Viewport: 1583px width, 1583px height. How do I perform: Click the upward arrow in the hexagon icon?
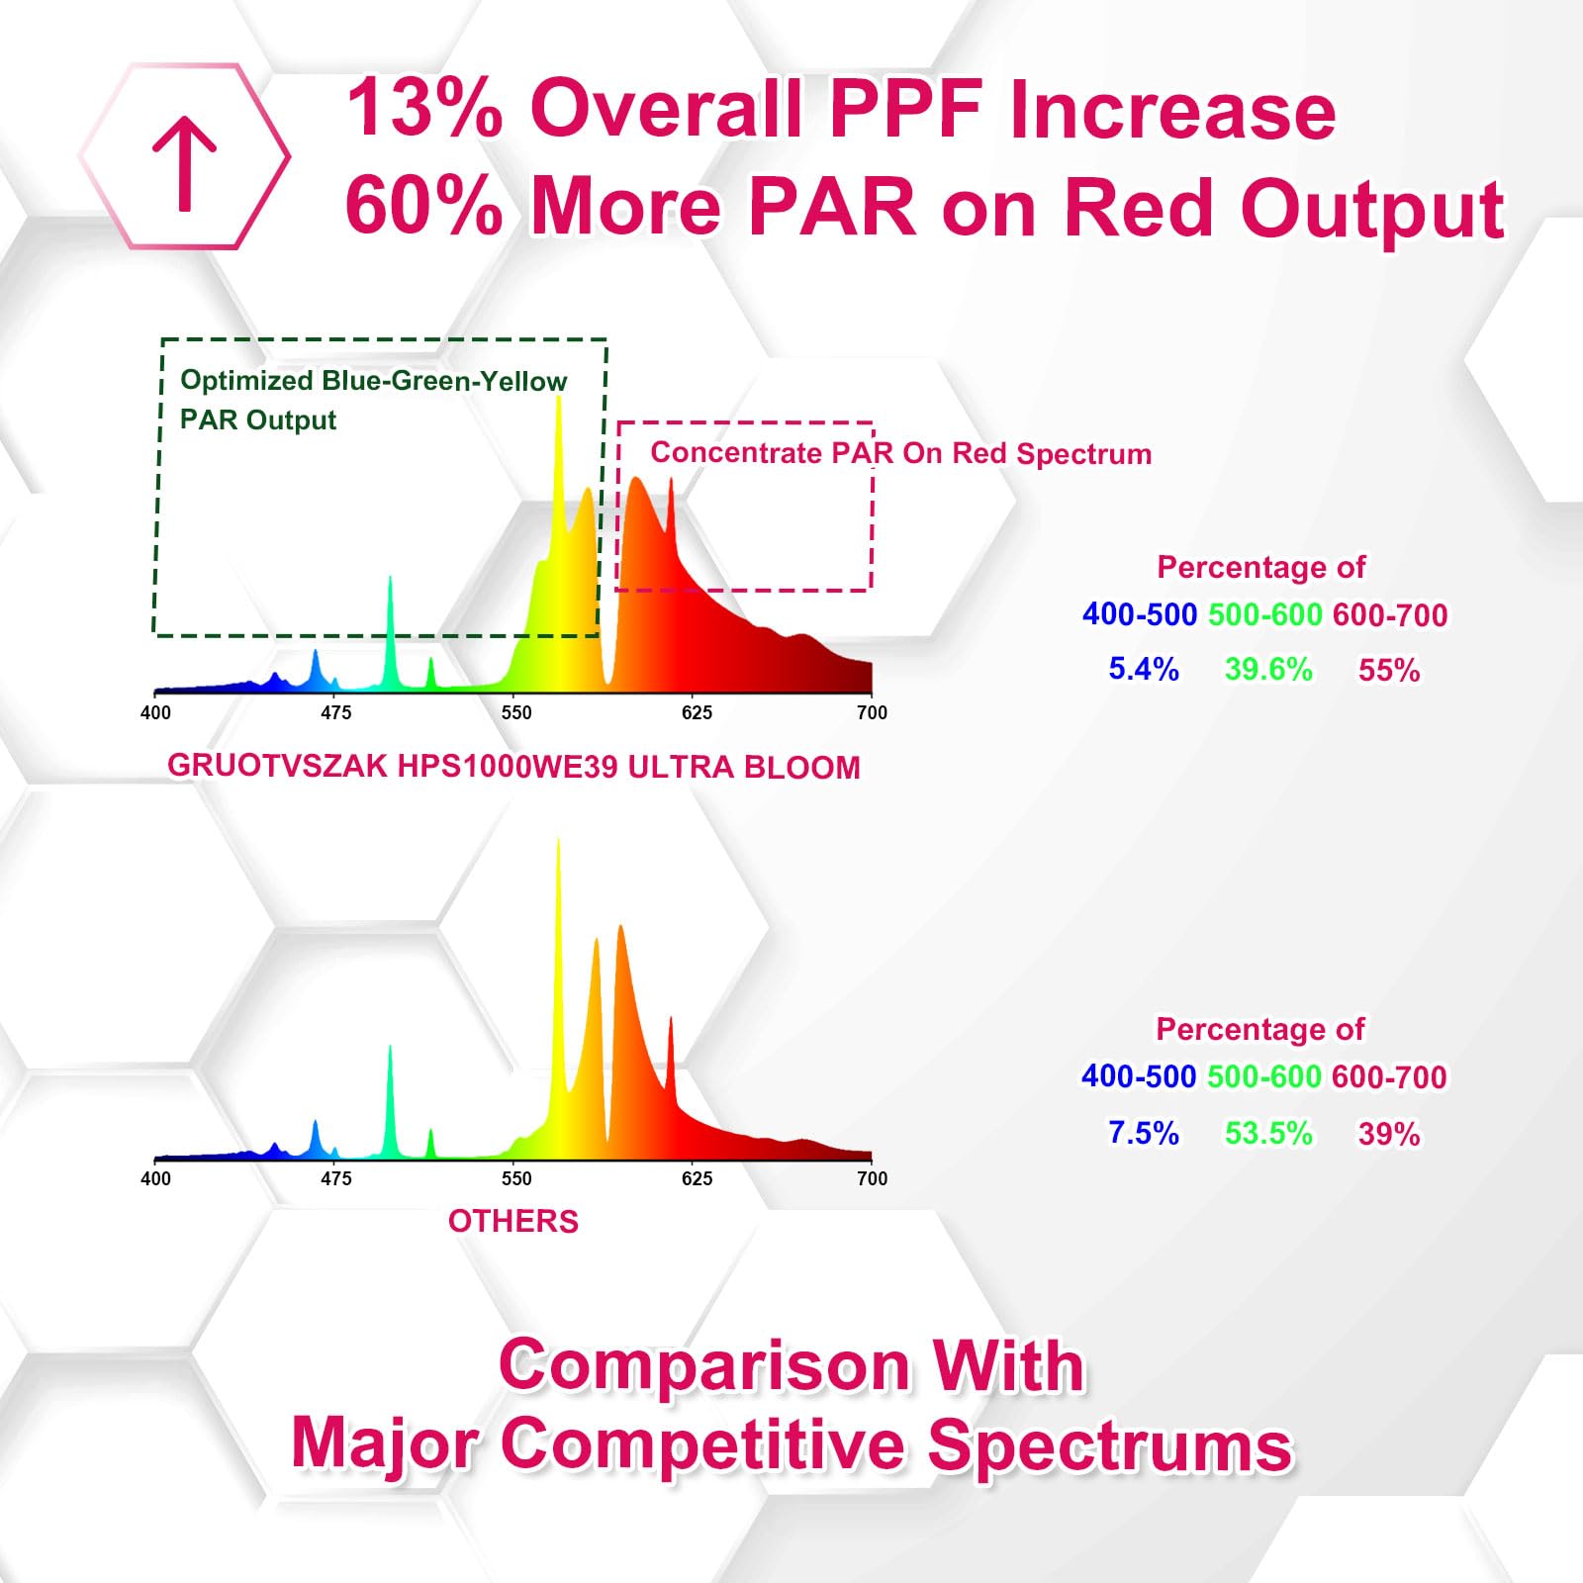click(184, 163)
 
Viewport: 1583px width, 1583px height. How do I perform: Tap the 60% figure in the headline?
click(423, 205)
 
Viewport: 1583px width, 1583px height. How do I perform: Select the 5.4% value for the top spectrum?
click(1143, 669)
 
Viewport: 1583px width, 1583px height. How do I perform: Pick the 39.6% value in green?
click(1268, 669)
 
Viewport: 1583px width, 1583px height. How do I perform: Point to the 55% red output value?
click(1388, 670)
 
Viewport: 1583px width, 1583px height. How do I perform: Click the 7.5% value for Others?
click(1143, 1133)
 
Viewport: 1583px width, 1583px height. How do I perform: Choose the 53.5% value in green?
click(1268, 1133)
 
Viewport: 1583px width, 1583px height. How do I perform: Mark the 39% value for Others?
click(1388, 1134)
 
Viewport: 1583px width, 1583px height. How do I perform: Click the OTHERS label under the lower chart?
click(512, 1221)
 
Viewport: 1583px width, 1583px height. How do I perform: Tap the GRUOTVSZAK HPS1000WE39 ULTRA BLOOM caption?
click(513, 767)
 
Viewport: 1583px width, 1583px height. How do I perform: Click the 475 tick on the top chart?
click(335, 712)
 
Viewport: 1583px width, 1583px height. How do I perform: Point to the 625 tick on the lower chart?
click(697, 1178)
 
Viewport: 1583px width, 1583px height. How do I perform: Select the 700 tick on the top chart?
click(872, 712)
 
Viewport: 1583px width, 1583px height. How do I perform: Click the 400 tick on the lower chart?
click(155, 1178)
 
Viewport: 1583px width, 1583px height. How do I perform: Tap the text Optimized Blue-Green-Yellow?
click(373, 381)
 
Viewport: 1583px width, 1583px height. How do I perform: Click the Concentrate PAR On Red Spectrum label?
click(900, 453)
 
